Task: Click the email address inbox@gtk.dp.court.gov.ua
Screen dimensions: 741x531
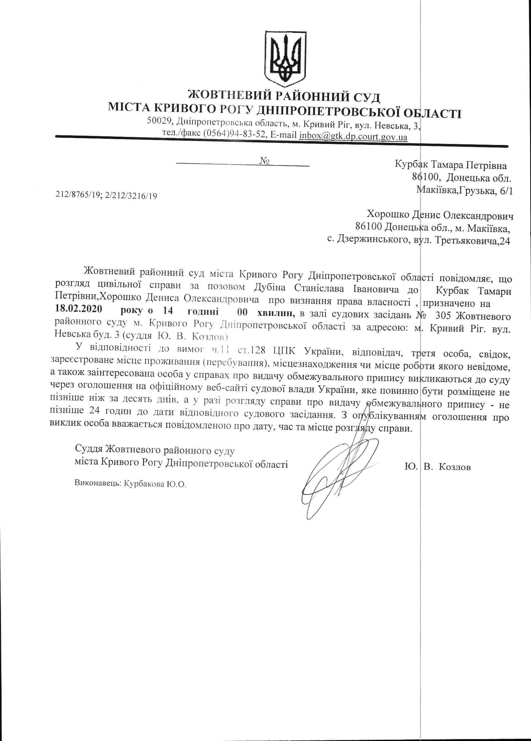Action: pos(353,136)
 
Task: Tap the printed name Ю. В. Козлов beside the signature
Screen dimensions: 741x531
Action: pos(437,468)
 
